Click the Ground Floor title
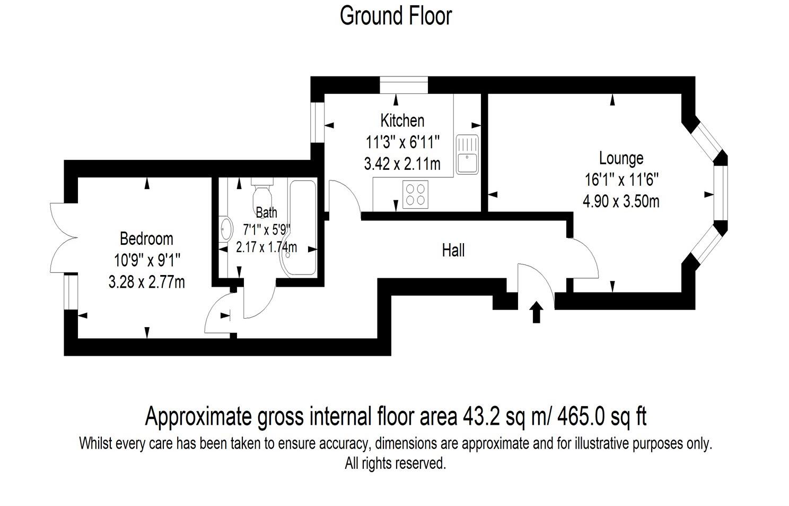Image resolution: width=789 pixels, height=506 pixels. [x=396, y=16]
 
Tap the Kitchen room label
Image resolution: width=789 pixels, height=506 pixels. [x=402, y=121]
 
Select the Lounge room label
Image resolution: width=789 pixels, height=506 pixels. [x=621, y=158]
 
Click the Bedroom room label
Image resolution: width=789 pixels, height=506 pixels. [x=146, y=238]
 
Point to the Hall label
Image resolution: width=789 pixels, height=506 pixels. [x=453, y=250]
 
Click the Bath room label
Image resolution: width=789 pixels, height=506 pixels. [x=266, y=212]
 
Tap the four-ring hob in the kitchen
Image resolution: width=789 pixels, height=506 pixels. [x=415, y=194]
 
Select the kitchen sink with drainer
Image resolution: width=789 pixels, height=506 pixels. [x=467, y=153]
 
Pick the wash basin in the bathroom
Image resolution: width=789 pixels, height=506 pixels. [x=226, y=229]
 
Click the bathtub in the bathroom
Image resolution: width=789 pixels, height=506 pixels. [x=302, y=228]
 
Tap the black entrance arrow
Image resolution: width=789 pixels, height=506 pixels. [x=536, y=312]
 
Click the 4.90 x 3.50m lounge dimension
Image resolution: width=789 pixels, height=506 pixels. [x=621, y=202]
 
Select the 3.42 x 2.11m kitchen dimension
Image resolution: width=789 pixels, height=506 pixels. [x=402, y=164]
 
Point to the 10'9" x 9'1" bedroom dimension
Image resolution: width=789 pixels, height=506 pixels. [x=147, y=260]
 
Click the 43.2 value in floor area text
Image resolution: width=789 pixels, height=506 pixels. [x=481, y=416]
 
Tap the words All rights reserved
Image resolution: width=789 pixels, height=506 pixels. [x=396, y=464]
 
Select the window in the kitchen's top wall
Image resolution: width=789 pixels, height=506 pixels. [x=403, y=85]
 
